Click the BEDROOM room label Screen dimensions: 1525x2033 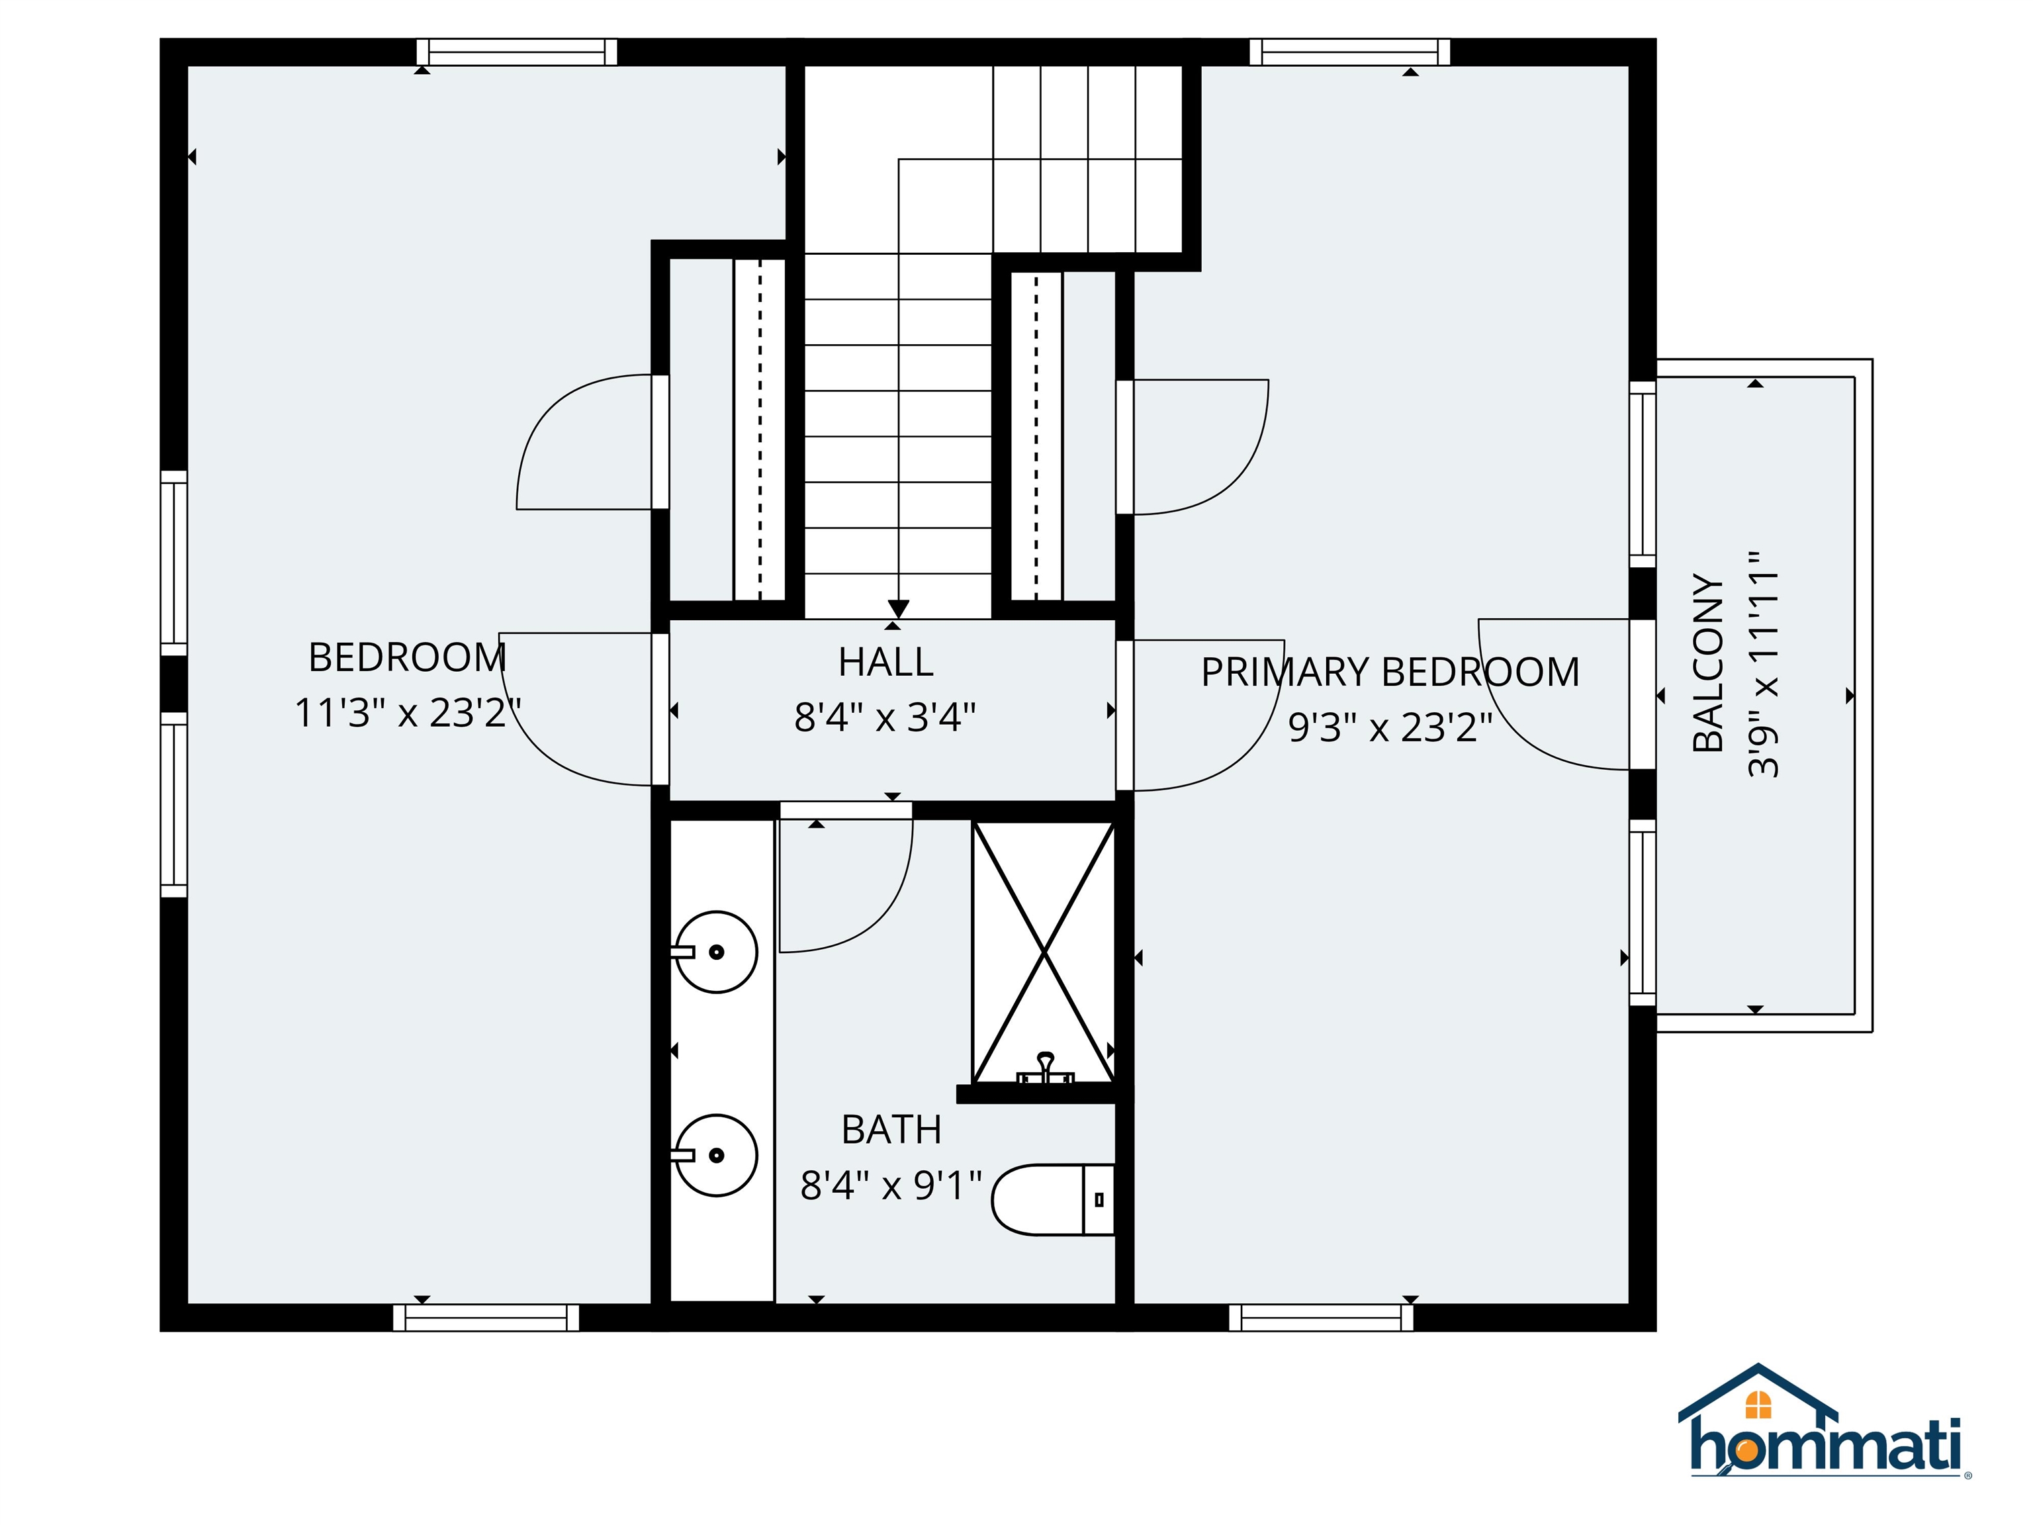click(x=407, y=658)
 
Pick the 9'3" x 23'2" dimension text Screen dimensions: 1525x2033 click(x=1390, y=727)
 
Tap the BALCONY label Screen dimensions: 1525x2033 click(x=1707, y=662)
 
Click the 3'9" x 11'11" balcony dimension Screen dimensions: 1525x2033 click(x=1763, y=664)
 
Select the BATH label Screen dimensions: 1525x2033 click(x=891, y=1130)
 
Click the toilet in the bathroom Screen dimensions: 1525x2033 click(x=1052, y=1199)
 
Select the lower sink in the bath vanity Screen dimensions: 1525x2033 click(x=717, y=1156)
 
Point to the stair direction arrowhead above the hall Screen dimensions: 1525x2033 click(x=898, y=608)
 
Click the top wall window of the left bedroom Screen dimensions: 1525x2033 click(x=516, y=52)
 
